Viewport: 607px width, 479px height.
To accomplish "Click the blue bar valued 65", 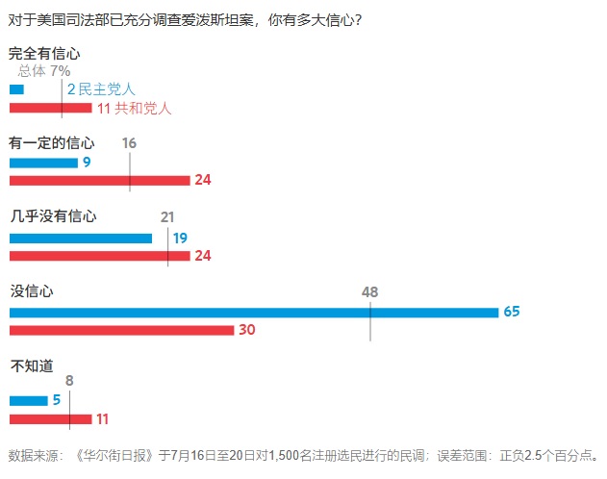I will tap(253, 312).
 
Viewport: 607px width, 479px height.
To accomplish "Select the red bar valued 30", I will tap(121, 330).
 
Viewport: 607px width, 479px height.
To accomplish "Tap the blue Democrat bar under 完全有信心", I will tap(16, 89).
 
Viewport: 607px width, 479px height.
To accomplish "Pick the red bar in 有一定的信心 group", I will tap(99, 180).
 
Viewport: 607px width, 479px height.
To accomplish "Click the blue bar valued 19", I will tap(81, 238).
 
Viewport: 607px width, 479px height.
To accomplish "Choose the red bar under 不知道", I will tap(50, 418).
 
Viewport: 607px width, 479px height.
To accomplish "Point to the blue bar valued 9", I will tap(43, 163).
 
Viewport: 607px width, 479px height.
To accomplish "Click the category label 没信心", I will tap(31, 289).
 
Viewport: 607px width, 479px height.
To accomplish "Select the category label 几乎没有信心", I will tap(53, 216).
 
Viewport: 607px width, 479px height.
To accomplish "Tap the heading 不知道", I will tap(31, 366).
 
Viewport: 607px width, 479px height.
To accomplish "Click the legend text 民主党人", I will tap(107, 89).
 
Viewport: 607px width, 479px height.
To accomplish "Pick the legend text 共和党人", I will tap(142, 108).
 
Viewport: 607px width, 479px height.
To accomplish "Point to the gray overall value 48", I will tap(370, 291).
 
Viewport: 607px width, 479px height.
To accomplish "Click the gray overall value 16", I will tap(130, 143).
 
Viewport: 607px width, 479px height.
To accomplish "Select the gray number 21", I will tap(167, 216).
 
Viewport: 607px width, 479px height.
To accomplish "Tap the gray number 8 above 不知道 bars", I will tap(69, 380).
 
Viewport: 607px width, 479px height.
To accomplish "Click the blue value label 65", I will tap(511, 312).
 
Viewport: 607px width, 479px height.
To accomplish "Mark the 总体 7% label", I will tap(44, 70).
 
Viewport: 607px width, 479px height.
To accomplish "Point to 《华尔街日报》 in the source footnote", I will tap(115, 455).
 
